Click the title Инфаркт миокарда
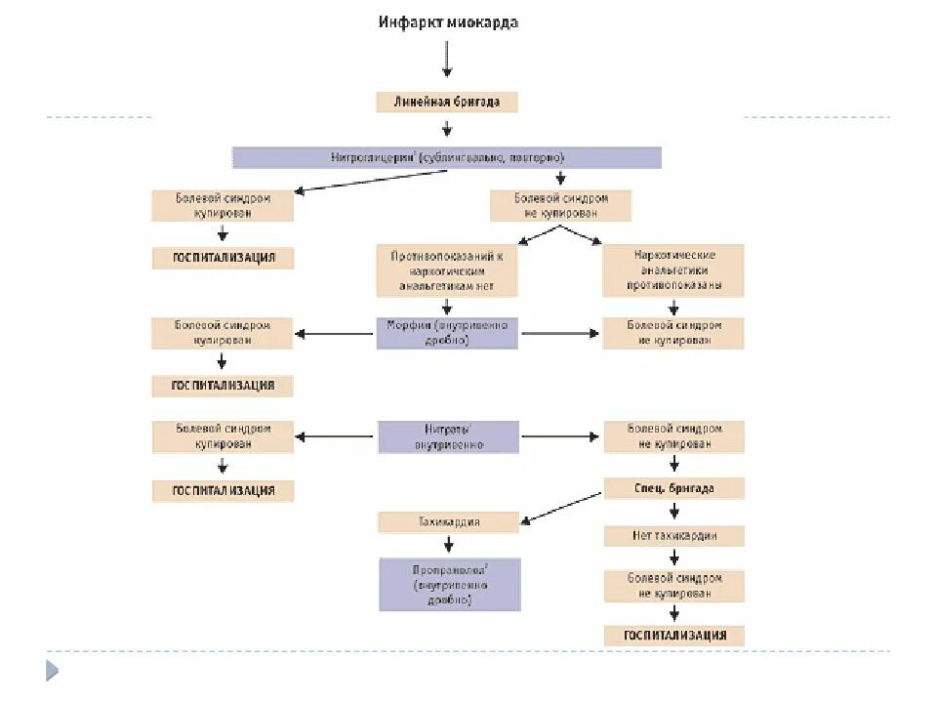coord(448,23)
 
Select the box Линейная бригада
coord(447,102)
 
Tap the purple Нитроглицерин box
coord(447,157)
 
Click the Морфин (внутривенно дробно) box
coord(448,333)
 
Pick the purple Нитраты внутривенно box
coord(448,436)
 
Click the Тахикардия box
coord(448,522)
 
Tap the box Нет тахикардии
coord(673,535)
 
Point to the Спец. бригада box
coord(673,488)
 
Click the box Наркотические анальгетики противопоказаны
coord(673,270)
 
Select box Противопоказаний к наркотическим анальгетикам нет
coord(447,270)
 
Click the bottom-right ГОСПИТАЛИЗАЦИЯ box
coord(673,636)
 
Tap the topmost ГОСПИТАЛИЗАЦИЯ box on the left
coord(223,259)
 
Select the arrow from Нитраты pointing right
coord(560,437)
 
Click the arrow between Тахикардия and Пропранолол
coord(448,545)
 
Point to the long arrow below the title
coord(447,58)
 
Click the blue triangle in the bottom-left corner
coord(52,671)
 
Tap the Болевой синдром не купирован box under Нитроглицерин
coord(561,205)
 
